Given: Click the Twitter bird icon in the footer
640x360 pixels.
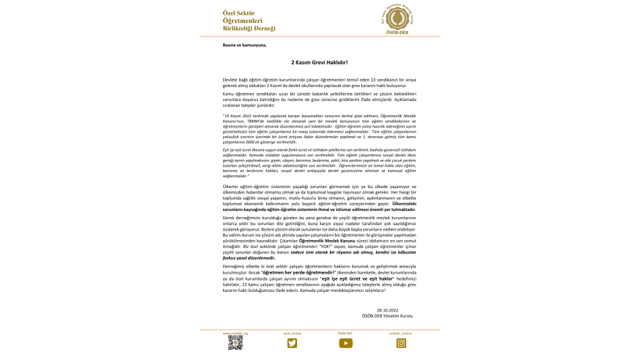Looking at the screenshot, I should tap(292, 343).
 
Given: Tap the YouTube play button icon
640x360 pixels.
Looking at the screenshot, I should tap(346, 343).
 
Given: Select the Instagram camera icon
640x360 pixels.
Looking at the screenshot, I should tap(401, 343).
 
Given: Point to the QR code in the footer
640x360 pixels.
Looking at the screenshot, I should tap(235, 343).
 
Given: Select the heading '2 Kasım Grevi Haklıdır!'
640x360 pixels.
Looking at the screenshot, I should tap(319, 62).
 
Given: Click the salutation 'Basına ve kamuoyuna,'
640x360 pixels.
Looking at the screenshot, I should tap(245, 45).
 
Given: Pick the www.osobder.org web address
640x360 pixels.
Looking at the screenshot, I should tap(236, 333).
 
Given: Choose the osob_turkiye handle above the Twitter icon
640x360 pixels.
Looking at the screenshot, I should tap(291, 333).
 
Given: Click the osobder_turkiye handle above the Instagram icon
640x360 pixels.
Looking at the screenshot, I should tap(401, 333).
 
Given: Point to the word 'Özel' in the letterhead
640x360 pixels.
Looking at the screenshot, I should tap(230, 13).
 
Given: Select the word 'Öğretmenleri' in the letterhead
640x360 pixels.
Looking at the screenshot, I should tap(242, 21).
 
